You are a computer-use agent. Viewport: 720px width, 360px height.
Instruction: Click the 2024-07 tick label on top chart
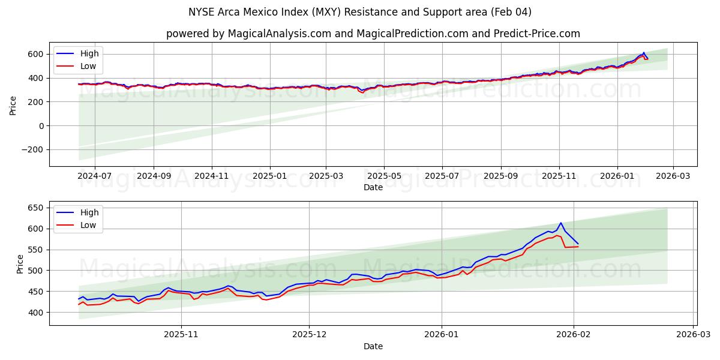pyautogui.click(x=95, y=177)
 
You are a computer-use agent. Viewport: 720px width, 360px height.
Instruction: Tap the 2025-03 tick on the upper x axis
pyautogui.click(x=326, y=177)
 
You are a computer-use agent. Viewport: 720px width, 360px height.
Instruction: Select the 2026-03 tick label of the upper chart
pyautogui.click(x=673, y=177)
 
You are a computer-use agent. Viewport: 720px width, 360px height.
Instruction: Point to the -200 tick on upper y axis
pyautogui.click(x=34, y=149)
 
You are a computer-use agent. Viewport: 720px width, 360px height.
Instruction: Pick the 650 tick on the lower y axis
pyautogui.click(x=37, y=208)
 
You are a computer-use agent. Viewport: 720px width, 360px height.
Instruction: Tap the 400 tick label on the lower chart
pyautogui.click(x=37, y=313)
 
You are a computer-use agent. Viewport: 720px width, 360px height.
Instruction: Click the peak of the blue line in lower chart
pyautogui.click(x=560, y=223)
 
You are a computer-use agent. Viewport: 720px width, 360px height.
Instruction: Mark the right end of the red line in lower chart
pyautogui.click(x=578, y=247)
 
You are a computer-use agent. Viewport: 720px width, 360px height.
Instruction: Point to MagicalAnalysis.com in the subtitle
pyautogui.click(x=279, y=34)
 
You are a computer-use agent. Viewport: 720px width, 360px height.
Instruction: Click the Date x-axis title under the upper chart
pyautogui.click(x=373, y=187)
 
